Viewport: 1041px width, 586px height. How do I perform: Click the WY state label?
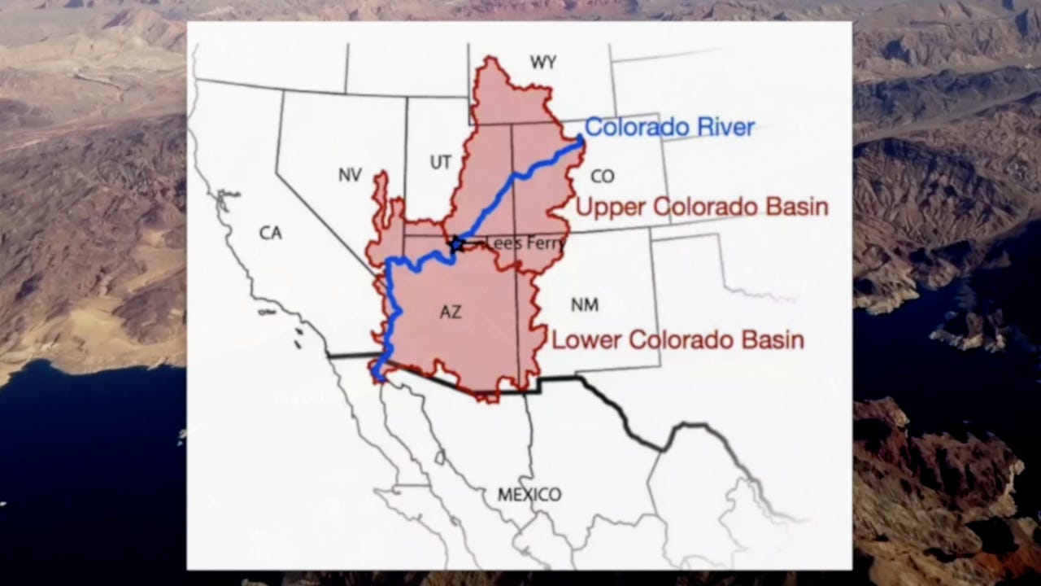pos(542,63)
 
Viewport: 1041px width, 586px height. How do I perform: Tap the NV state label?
pos(350,174)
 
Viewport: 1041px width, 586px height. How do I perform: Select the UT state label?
pos(440,163)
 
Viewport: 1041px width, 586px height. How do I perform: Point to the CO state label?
pos(603,176)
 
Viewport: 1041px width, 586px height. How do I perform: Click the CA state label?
pos(270,234)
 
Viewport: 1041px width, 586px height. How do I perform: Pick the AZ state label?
pos(450,312)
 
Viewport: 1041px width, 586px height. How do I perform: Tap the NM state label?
pos(584,305)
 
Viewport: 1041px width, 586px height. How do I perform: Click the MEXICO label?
pos(529,494)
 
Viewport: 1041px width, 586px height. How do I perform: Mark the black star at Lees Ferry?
pos(456,243)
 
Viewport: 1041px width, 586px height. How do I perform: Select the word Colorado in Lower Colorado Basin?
pos(677,339)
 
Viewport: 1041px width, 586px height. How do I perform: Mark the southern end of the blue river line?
pos(379,376)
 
